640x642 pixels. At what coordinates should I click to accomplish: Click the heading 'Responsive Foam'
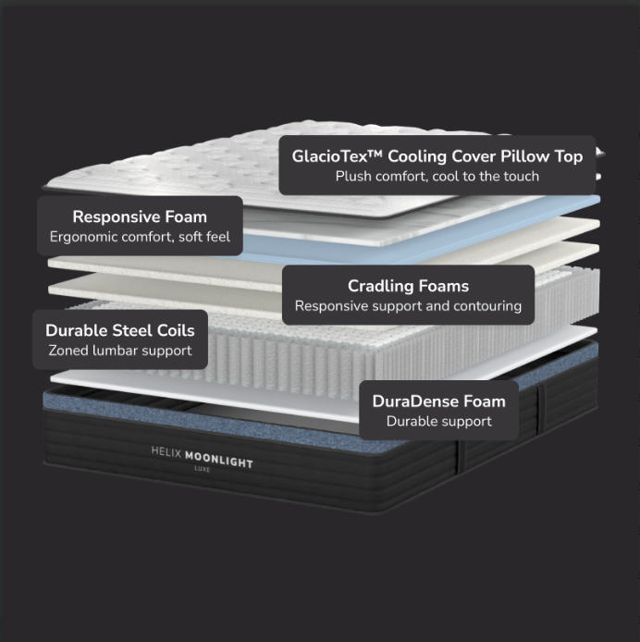[140, 216]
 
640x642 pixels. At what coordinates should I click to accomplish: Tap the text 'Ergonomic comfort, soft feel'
[140, 237]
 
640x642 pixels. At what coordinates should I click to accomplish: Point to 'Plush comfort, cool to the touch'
[437, 176]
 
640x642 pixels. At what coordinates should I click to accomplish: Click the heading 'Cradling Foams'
[408, 286]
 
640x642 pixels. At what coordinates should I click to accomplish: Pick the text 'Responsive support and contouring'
[408, 306]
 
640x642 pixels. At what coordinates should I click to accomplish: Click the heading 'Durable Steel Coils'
[120, 330]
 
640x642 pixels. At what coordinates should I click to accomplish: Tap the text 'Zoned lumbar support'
[120, 351]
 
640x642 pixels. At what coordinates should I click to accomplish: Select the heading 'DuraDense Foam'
[439, 401]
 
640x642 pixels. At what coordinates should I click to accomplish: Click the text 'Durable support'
[439, 421]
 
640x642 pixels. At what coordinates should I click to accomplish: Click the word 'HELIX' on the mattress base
[166, 452]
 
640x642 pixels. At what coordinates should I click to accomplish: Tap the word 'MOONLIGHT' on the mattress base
[219, 460]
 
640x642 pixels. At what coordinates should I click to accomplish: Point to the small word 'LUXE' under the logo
[203, 469]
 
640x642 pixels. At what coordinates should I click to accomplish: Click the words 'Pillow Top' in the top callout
[541, 156]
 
